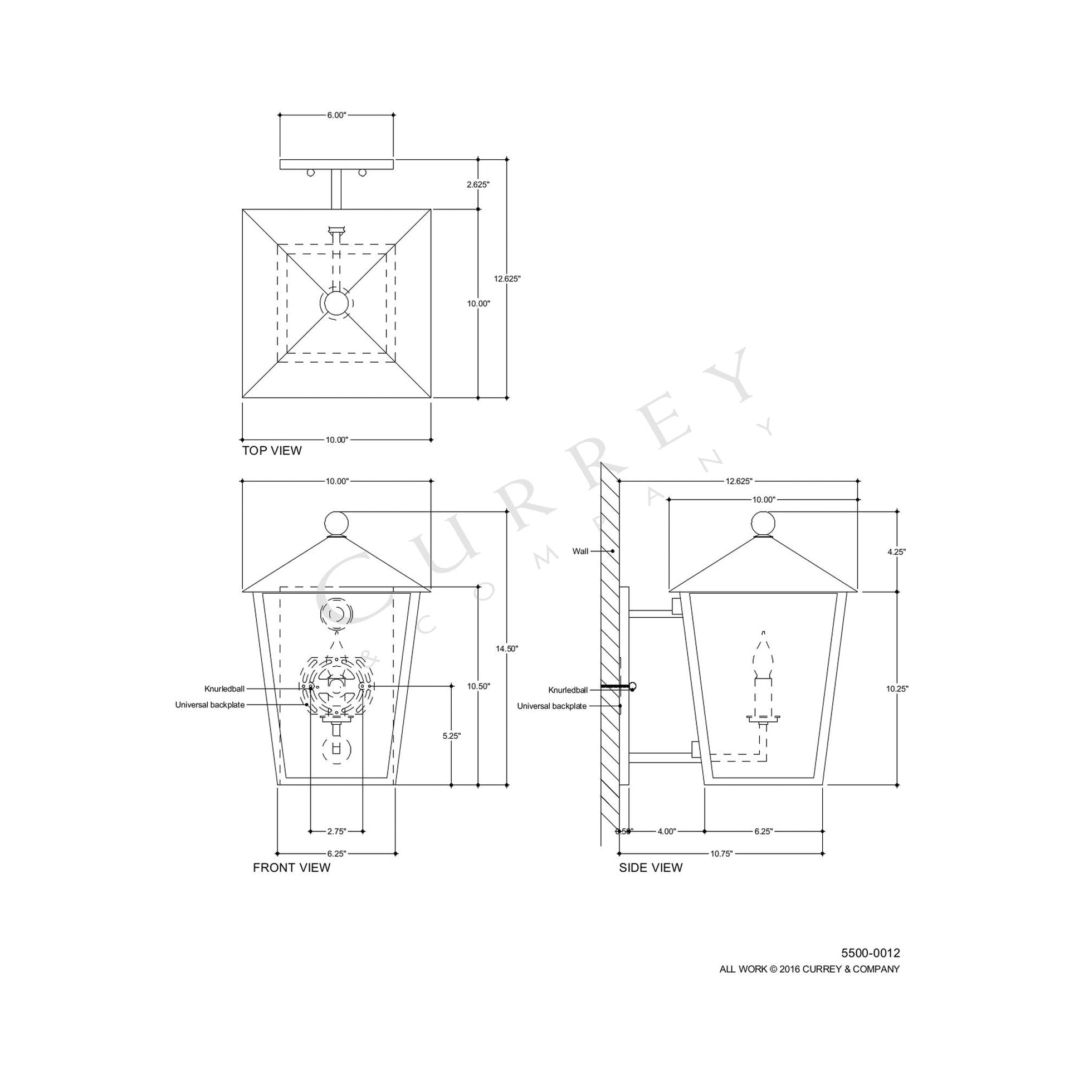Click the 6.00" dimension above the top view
pyautogui.click(x=336, y=115)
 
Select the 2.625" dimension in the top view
pyautogui.click(x=478, y=184)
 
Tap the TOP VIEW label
pyautogui.click(x=272, y=451)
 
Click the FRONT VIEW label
pyautogui.click(x=291, y=868)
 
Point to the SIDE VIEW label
pyautogui.click(x=650, y=868)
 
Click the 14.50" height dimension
pyautogui.click(x=507, y=648)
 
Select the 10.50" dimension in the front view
pyautogui.click(x=478, y=686)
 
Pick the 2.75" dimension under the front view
pyautogui.click(x=336, y=831)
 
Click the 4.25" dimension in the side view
pyautogui.click(x=896, y=551)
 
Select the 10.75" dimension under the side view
pyautogui.click(x=721, y=853)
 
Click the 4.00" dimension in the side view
pyautogui.click(x=667, y=832)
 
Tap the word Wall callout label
pyautogui.click(x=580, y=551)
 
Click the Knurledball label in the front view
pyautogui.click(x=223, y=689)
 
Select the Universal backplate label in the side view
pyautogui.click(x=551, y=706)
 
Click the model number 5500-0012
pyautogui.click(x=870, y=953)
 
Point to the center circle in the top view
pyautogui.click(x=336, y=304)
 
